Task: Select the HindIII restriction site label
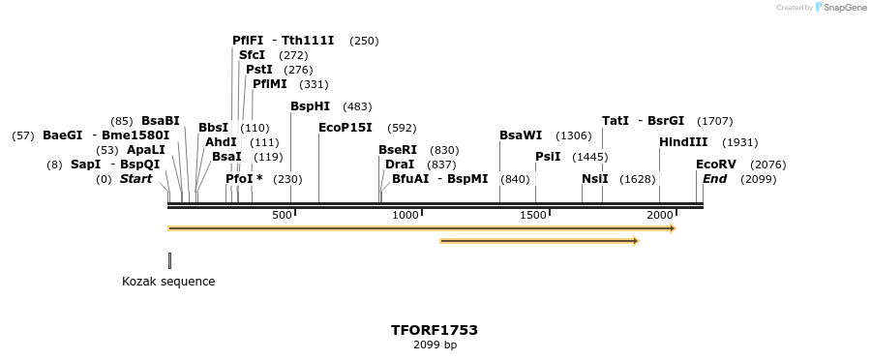coord(683,142)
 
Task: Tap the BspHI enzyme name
coord(310,106)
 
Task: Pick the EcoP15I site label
coord(345,128)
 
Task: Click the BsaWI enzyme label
coord(521,135)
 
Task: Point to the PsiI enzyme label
coord(548,157)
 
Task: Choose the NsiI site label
coord(595,179)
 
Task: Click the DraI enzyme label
coord(400,165)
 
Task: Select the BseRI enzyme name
coord(398,150)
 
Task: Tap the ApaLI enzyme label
coord(146,150)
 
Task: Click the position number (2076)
coord(768,165)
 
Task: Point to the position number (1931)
coord(740,142)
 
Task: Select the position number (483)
coord(357,106)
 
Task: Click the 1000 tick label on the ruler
coord(405,215)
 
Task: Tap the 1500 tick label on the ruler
coord(533,215)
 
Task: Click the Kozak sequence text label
coord(168,282)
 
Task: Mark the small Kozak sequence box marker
coord(169,260)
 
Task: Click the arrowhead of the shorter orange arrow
coord(636,241)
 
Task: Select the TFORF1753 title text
coord(435,330)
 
